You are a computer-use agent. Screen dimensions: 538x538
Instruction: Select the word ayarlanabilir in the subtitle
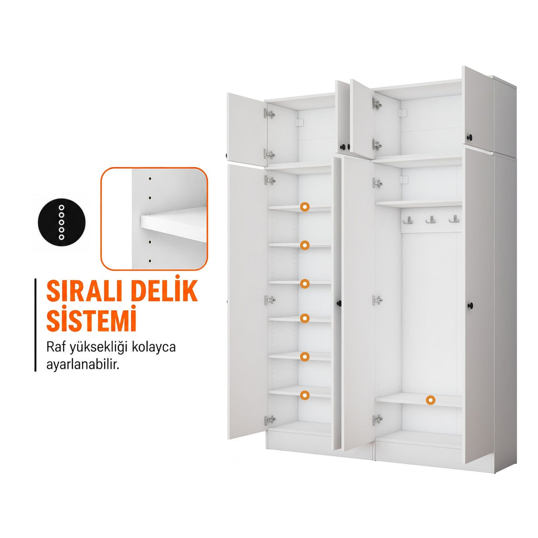pyautogui.click(x=82, y=365)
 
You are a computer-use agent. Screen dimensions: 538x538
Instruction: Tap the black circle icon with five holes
pyautogui.click(x=61, y=222)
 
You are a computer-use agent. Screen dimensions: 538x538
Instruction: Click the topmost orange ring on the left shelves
pyautogui.click(x=305, y=206)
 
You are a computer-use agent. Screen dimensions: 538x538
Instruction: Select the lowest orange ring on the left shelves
pyautogui.click(x=305, y=395)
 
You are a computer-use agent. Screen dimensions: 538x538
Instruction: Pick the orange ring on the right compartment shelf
pyautogui.click(x=431, y=400)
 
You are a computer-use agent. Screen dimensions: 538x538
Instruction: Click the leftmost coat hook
pyautogui.click(x=408, y=220)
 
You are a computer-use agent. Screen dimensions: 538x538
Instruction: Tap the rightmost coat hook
pyautogui.click(x=454, y=219)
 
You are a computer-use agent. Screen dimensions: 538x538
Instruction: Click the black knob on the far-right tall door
pyautogui.click(x=470, y=305)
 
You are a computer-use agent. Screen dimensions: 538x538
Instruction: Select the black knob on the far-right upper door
pyautogui.click(x=470, y=138)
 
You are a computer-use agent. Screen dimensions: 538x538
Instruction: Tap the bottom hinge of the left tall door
pyautogui.click(x=270, y=420)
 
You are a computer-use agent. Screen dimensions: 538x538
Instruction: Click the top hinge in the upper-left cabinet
pyautogui.click(x=270, y=113)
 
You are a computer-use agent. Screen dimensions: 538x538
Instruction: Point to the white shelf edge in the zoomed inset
pyautogui.click(x=173, y=226)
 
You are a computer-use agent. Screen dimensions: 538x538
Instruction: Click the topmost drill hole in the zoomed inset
pyautogui.click(x=150, y=179)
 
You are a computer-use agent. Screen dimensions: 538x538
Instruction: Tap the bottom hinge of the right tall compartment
pyautogui.click(x=377, y=419)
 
